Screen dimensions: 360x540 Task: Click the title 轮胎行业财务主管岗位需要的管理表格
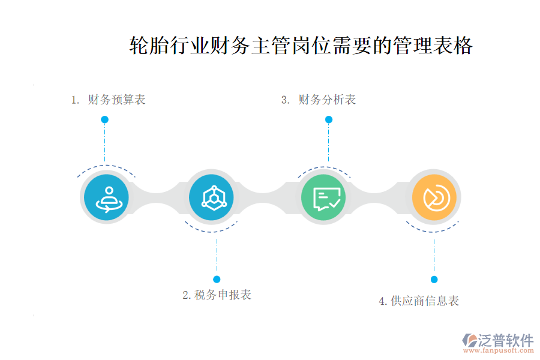coord(301,46)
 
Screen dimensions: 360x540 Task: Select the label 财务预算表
coord(116,100)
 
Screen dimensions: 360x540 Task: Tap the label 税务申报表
coord(223,295)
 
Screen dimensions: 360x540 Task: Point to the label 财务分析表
coord(327,100)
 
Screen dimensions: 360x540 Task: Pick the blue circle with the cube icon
coord(211,196)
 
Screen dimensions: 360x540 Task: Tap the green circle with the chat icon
coord(323,197)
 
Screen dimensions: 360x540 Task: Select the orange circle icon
coord(434,197)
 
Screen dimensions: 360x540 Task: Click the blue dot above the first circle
coord(104,119)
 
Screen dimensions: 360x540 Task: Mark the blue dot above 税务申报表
coord(217,279)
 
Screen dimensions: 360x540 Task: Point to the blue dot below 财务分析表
coord(329,119)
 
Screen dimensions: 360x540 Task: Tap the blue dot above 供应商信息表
coord(434,279)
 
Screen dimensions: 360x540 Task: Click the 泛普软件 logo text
coord(505,340)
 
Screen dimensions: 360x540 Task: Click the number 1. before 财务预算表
coord(75,100)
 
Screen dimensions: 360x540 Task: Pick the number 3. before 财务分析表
coord(286,100)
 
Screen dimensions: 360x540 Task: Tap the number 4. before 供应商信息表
coord(383,301)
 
